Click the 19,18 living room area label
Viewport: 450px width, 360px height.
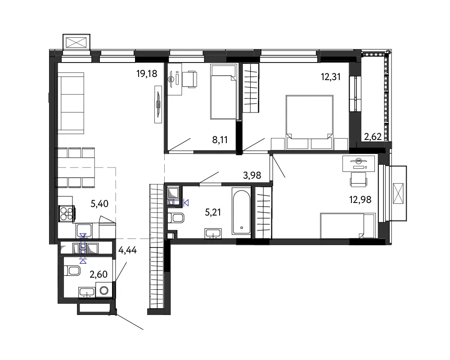click(147, 74)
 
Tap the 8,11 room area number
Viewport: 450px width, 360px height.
click(220, 140)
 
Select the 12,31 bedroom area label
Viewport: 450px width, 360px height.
click(331, 76)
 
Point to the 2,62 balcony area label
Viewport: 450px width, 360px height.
click(373, 137)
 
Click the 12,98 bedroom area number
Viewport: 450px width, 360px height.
click(360, 199)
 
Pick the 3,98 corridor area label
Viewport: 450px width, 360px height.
click(252, 175)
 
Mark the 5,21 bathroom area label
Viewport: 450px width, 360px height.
click(213, 212)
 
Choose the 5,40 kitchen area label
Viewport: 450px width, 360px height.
click(99, 204)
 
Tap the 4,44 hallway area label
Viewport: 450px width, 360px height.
click(127, 250)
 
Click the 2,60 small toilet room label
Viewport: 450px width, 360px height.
click(99, 274)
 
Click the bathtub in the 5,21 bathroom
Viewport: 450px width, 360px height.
click(241, 212)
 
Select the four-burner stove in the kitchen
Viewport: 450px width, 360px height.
click(67, 214)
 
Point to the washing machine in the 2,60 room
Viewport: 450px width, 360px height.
click(103, 290)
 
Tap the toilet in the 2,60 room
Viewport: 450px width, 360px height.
click(72, 270)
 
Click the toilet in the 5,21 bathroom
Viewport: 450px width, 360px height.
click(175, 218)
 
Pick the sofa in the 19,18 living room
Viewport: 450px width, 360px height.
click(71, 103)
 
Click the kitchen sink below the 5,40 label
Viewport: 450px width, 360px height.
click(84, 231)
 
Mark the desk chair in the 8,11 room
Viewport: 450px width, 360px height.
click(190, 79)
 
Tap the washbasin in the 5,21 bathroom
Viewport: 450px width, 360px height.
click(213, 234)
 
